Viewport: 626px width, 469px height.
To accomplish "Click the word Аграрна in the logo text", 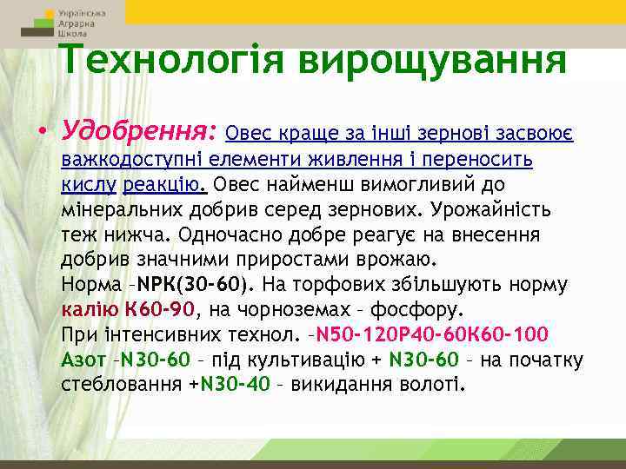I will pos(78,24).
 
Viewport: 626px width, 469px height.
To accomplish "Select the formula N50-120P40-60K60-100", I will pos(430,334).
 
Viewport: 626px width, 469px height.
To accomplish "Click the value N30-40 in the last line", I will pos(235,385).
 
